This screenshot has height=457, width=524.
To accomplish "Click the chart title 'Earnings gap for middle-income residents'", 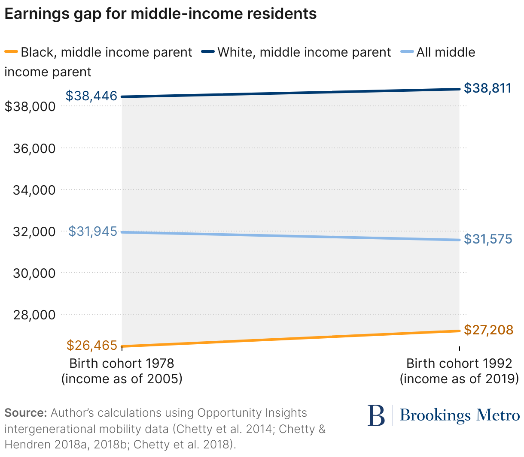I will (160, 14).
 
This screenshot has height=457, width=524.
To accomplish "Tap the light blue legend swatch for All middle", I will (407, 52).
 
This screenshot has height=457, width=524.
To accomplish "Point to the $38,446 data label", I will (91, 96).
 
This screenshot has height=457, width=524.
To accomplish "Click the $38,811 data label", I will (488, 88).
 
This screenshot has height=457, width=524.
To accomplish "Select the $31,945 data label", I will (93, 232).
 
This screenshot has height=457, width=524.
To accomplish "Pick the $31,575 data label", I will (488, 239).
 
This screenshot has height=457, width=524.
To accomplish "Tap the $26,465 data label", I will (92, 345).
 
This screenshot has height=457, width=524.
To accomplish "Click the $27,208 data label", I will (488, 330).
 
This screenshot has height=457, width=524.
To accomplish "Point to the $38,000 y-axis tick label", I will (30, 106).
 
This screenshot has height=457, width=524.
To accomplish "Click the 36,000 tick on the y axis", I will (34, 148).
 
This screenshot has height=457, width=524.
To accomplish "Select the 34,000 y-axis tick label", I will (34, 190).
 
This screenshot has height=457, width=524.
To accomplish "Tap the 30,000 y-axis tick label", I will (34, 273).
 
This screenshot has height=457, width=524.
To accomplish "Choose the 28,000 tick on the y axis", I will (34, 315).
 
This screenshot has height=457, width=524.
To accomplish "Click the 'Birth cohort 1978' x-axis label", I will (122, 364).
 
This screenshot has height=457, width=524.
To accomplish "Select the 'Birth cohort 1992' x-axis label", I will (459, 364).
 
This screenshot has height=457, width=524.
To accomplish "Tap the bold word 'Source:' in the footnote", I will (25, 413).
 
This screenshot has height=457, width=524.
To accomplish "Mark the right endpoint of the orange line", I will (459, 331).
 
